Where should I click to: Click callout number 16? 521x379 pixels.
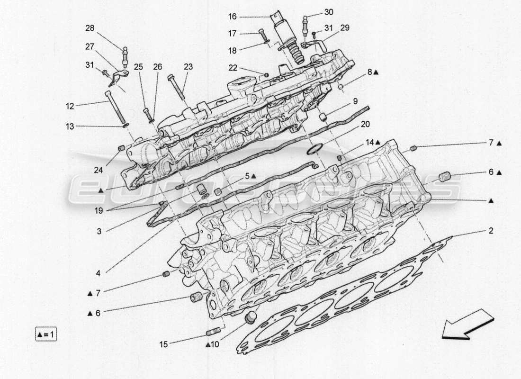[232, 17]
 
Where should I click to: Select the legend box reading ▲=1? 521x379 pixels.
[46, 334]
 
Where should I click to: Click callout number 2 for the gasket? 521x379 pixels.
[491, 231]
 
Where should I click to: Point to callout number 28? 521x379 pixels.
[90, 28]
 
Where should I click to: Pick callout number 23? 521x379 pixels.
[189, 67]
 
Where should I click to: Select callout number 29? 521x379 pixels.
[344, 28]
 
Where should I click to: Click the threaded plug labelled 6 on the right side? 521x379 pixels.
[444, 178]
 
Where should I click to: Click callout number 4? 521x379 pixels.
[98, 273]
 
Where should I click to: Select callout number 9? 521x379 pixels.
[355, 101]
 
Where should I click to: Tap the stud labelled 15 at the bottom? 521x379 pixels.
[214, 330]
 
